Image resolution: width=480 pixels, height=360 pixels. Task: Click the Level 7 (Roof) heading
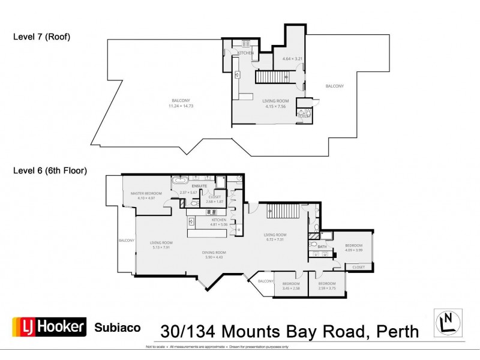tap(42, 37)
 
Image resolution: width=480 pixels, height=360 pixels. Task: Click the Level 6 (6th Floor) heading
tap(50, 170)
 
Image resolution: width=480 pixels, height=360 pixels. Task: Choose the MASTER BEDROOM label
tap(143, 193)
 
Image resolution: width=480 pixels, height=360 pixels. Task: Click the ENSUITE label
tap(199, 187)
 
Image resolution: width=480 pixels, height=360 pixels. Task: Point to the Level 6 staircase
tap(282, 211)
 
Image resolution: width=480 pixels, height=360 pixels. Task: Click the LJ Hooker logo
tap(49, 327)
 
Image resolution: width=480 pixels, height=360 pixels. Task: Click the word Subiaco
tap(118, 328)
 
